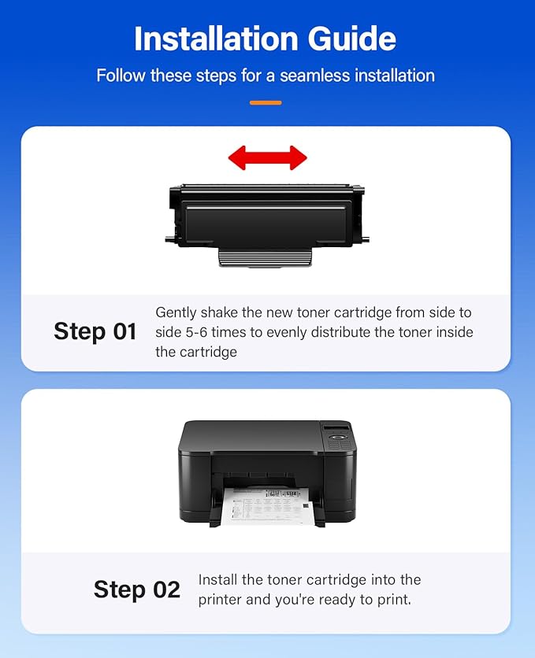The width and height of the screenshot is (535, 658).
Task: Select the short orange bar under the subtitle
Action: [266, 102]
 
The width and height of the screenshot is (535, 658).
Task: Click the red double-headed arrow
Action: [267, 157]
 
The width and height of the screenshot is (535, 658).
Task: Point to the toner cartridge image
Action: [268, 216]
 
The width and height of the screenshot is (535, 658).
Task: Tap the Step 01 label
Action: [95, 331]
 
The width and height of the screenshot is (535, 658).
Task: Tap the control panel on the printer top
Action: [339, 438]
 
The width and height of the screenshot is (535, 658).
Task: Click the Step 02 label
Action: [137, 590]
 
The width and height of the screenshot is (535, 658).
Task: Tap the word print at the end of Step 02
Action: [396, 600]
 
